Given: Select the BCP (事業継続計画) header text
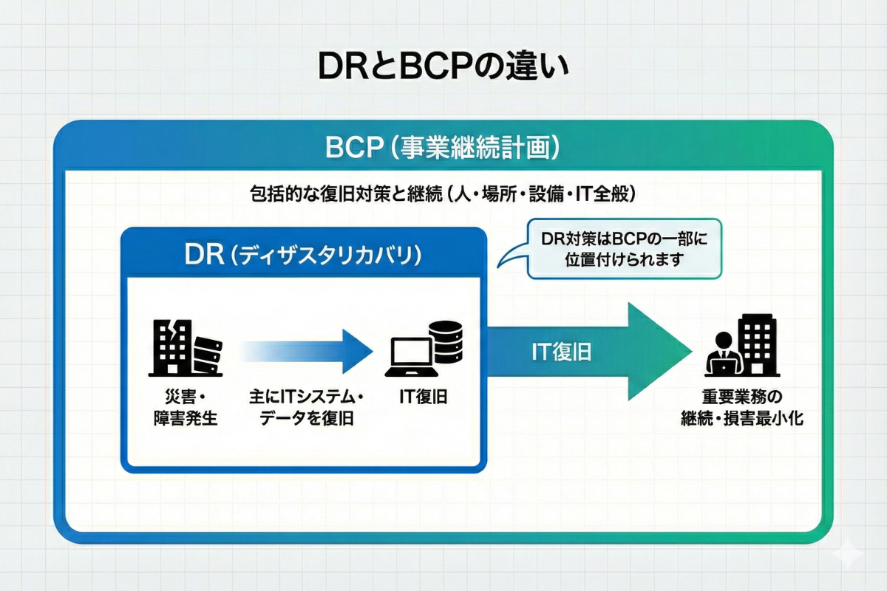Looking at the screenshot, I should pos(443,147).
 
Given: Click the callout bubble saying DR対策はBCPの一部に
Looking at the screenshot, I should pos(625,249).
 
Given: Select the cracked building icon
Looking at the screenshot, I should pos(170,347).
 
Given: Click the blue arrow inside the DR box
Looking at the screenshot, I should pos(307,352).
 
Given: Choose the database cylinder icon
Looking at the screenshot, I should pos(448,341).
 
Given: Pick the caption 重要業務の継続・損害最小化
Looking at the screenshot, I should pos(741,407).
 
